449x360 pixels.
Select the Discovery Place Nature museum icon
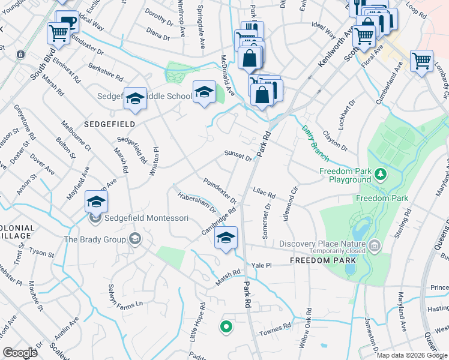click(375, 245)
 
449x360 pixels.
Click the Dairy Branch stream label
click(315, 142)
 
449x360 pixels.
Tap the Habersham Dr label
click(196, 202)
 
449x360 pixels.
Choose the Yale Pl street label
click(262, 265)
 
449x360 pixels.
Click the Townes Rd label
click(275, 332)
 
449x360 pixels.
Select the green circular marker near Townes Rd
click(226, 327)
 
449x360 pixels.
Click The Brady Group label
click(95, 239)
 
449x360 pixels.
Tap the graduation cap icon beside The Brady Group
click(135, 239)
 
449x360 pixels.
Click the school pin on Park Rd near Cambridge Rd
click(226, 238)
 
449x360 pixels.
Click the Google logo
click(20, 353)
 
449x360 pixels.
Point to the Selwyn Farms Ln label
click(125, 296)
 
